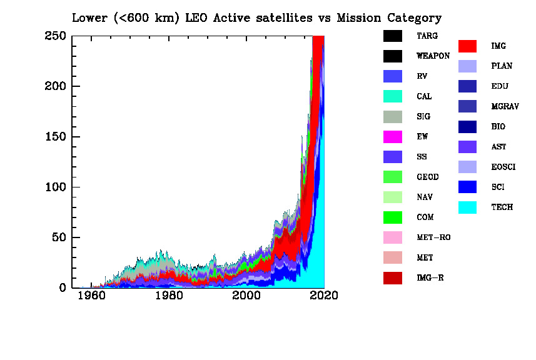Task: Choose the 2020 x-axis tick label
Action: pos(324,296)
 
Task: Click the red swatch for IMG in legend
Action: pos(467,46)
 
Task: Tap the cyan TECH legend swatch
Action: pos(467,207)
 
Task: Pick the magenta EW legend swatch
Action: pos(392,137)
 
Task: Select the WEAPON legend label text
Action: pos(433,56)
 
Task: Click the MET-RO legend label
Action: pos(433,237)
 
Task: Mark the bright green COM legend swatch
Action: pos(392,217)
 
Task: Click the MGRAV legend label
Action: pos(505,107)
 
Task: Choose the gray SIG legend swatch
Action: pos(392,117)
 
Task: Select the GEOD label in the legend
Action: pos(427,177)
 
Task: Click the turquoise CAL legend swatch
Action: pos(392,96)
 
